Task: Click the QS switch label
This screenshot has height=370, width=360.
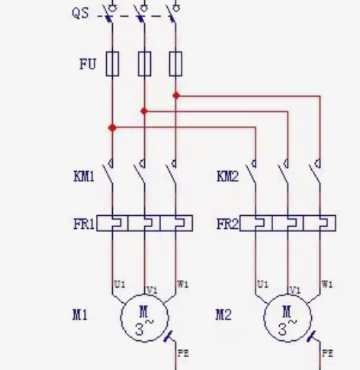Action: point(81,13)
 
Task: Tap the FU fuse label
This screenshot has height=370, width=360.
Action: point(88,64)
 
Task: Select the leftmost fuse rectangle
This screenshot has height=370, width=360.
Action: point(112,64)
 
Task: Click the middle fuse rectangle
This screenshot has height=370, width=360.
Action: point(144,64)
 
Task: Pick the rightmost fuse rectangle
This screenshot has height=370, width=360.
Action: point(175,64)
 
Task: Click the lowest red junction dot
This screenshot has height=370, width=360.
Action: point(112,127)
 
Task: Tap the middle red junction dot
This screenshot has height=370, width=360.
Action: point(144,111)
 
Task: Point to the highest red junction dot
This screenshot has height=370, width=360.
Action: point(176,95)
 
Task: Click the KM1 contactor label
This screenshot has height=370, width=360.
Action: point(84,176)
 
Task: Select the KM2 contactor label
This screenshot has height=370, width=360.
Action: point(227,176)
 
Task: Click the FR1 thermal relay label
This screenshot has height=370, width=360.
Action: point(84,224)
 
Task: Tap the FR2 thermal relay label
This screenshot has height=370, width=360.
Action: point(227,224)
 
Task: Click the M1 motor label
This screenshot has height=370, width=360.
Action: point(80,315)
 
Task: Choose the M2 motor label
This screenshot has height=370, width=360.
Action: point(223,315)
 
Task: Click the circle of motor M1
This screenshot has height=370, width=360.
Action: point(144,295)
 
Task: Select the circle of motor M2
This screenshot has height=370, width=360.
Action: point(288,295)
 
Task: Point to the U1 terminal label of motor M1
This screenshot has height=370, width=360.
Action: point(120,285)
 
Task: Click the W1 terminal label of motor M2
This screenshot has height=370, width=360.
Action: point(327,285)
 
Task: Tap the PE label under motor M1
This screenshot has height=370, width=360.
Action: point(183,353)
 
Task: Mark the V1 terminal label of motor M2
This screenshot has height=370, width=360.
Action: point(295,291)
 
